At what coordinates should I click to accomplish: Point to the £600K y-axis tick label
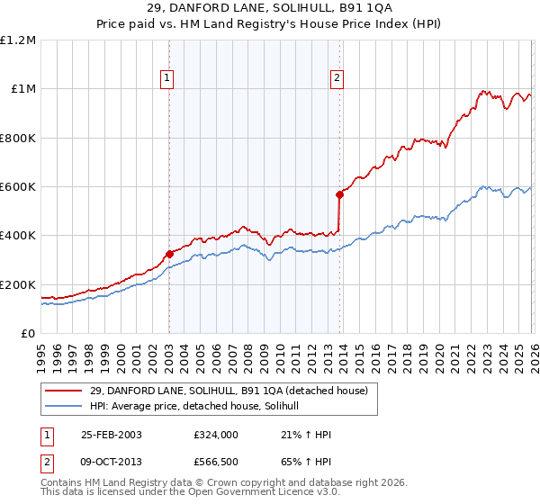pos(18,187)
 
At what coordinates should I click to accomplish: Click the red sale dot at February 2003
pos(169,254)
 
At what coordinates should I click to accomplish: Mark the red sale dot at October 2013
pos(339,194)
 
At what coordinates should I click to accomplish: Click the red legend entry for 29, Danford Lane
pos(229,391)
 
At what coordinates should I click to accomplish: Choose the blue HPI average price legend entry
pos(200,408)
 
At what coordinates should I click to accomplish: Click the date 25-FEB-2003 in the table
pos(110,435)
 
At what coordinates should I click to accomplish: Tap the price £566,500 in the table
pos(215,462)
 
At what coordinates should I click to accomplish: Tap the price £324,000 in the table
pos(215,435)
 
